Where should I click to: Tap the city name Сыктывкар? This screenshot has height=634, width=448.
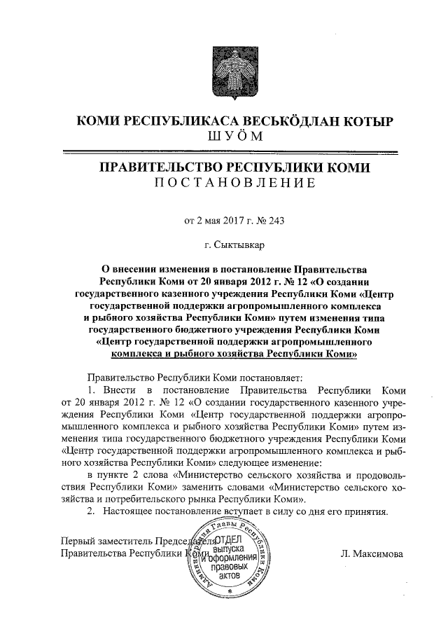pos(240,245)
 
